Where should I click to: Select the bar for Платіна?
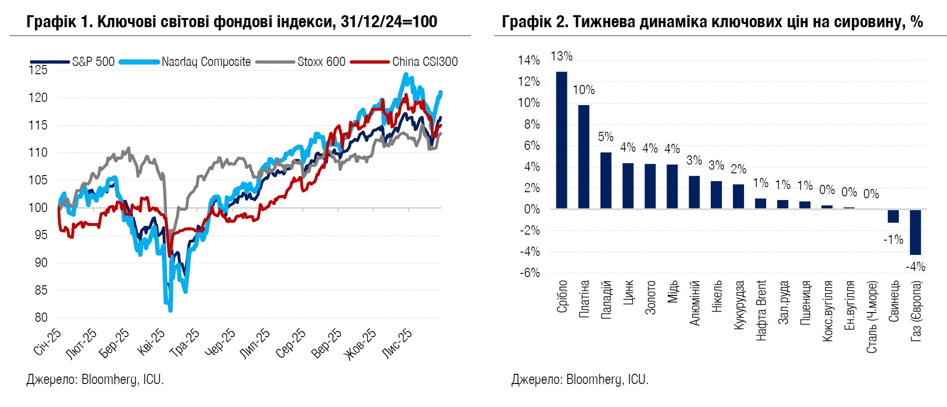tap(584, 157)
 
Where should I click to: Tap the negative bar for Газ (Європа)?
tap(915, 232)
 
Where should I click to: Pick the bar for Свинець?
tap(893, 216)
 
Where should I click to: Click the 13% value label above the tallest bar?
tap(561, 56)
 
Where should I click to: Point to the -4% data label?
tap(915, 267)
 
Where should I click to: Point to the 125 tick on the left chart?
tap(38, 70)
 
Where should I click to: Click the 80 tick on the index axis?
tap(41, 318)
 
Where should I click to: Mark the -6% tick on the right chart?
tap(530, 273)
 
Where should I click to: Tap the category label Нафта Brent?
tap(761, 310)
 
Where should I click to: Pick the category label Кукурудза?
tap(739, 305)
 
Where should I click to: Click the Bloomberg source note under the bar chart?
tap(580, 379)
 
